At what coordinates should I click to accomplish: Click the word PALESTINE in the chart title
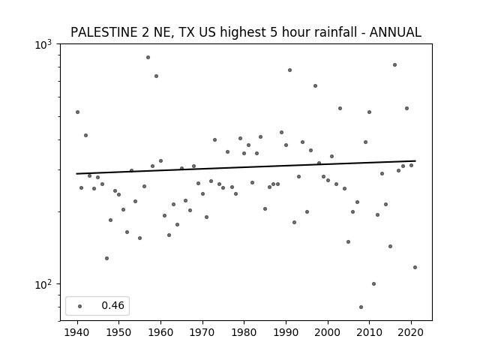pyautogui.click(x=103, y=32)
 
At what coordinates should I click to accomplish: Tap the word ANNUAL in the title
pyautogui.click(x=395, y=32)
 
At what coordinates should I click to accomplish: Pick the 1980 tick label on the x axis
pyautogui.click(x=244, y=332)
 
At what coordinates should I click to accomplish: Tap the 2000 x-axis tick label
pyautogui.click(x=328, y=332)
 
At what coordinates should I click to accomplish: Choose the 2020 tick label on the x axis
pyautogui.click(x=411, y=332)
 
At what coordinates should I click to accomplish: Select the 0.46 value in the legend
pyautogui.click(x=112, y=305)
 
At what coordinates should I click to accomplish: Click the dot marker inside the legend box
pyautogui.click(x=80, y=306)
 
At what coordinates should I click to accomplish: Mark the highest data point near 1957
pyautogui.click(x=148, y=57)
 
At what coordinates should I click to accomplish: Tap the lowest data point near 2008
pyautogui.click(x=361, y=307)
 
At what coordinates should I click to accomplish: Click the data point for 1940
pyautogui.click(x=77, y=112)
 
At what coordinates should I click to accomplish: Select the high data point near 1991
pyautogui.click(x=290, y=70)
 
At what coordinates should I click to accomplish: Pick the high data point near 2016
pyautogui.click(x=395, y=65)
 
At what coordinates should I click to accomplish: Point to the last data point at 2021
pyautogui.click(x=415, y=267)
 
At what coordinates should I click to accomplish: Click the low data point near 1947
pyautogui.click(x=106, y=258)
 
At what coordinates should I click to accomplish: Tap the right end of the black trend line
pyautogui.click(x=415, y=160)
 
